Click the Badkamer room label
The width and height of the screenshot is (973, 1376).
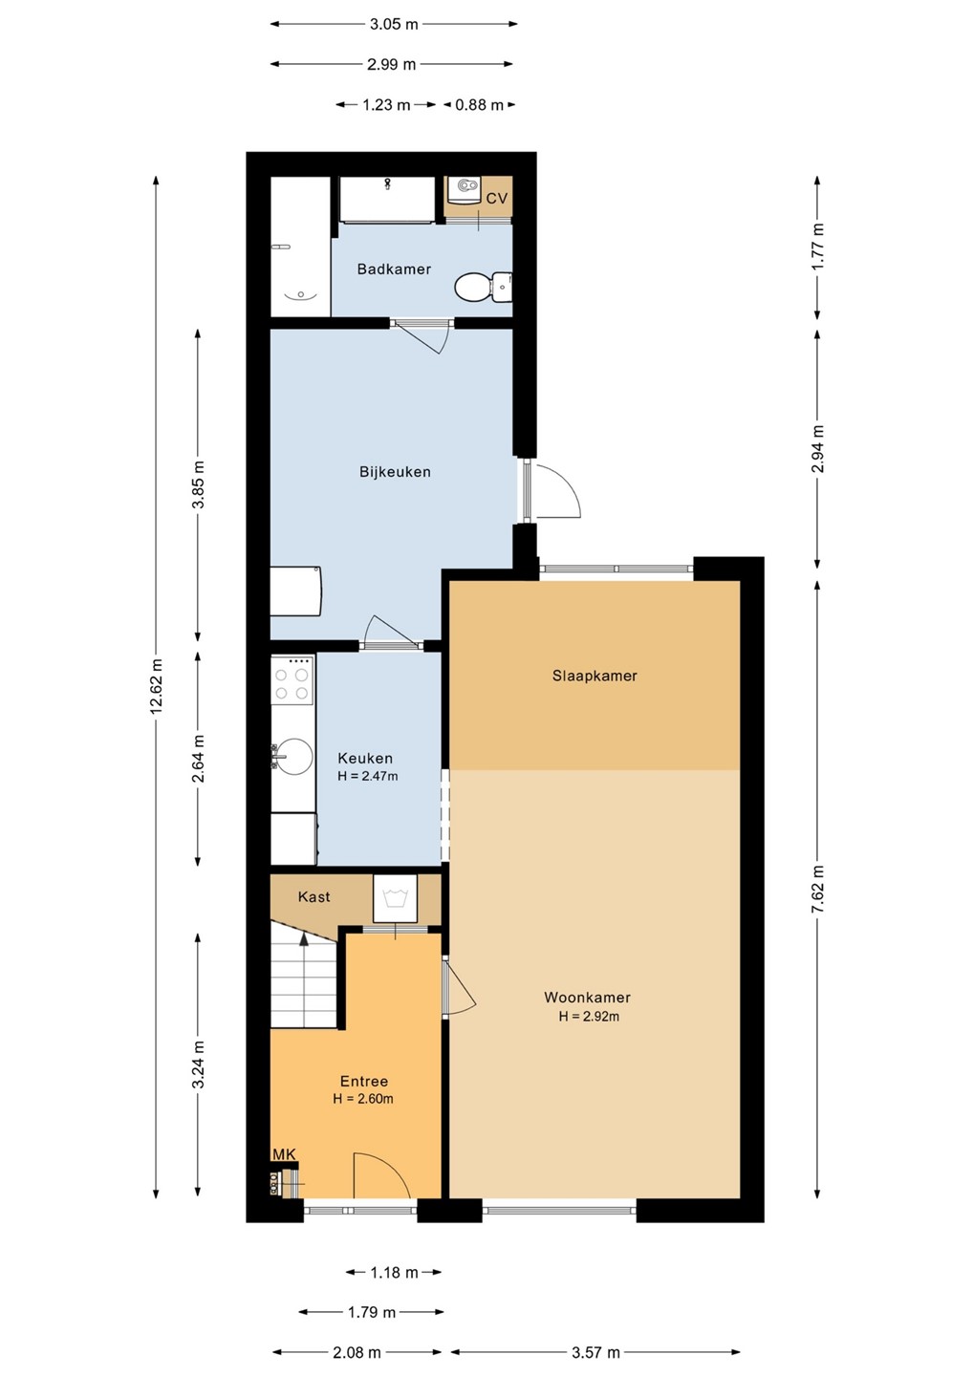point(394,269)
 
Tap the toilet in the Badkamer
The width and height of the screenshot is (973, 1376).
point(483,287)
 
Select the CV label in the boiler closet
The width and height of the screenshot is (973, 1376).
point(496,199)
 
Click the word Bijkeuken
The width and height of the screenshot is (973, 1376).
point(395,472)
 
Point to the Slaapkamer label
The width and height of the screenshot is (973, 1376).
point(595,676)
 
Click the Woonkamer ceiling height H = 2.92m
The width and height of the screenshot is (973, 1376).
point(589,1016)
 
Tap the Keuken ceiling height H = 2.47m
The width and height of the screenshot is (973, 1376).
point(367,776)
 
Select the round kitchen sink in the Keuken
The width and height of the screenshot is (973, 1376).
point(294,756)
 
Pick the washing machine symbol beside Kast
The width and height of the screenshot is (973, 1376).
point(395,898)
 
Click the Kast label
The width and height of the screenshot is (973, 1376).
point(314,897)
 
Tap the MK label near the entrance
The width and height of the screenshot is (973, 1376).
point(284,1155)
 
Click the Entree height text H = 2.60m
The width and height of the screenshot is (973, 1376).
point(363,1098)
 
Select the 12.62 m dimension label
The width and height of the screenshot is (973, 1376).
point(156,686)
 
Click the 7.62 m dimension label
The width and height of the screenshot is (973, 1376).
point(817,889)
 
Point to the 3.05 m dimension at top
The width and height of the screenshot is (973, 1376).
point(394,24)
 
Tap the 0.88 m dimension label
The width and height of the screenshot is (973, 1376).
point(479,105)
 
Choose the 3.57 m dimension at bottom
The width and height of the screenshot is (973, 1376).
point(595,1352)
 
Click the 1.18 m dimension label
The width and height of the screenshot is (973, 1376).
point(394,1272)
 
